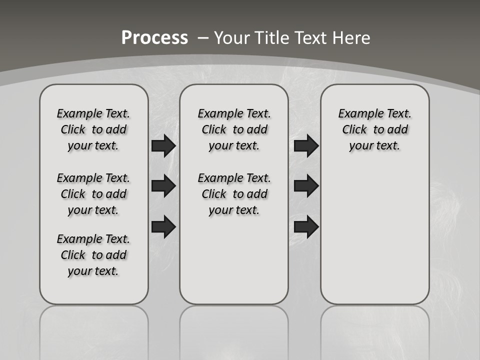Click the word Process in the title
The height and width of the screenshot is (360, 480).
[154, 37]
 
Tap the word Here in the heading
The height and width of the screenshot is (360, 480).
[351, 37]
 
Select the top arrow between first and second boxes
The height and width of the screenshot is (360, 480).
[163, 145]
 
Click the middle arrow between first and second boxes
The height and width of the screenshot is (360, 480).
[163, 186]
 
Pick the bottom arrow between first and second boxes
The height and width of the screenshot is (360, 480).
[163, 226]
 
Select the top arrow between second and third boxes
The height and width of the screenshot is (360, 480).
[306, 145]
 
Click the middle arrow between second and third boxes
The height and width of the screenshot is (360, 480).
[306, 186]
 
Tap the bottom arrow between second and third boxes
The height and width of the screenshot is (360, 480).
[306, 226]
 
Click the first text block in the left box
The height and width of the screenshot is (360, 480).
[93, 129]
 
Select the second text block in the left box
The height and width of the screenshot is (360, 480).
[93, 194]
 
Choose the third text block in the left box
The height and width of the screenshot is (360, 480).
[93, 255]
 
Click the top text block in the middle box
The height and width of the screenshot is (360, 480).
[234, 129]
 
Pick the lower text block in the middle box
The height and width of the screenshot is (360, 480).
[234, 194]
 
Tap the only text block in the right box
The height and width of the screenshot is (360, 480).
[374, 129]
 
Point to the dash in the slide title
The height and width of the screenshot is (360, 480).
[203, 38]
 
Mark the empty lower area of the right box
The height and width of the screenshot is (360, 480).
[374, 235]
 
